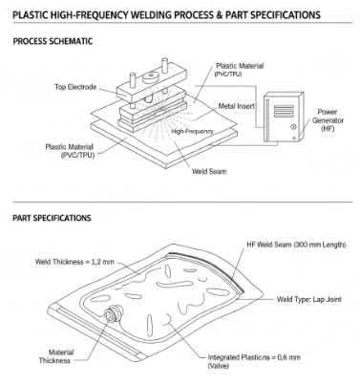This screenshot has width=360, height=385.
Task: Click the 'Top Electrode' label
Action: point(75,87)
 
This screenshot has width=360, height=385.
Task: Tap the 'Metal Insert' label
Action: point(237,106)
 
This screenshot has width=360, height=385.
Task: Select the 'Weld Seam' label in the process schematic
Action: point(209,171)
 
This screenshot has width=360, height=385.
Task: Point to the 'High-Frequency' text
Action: point(192,131)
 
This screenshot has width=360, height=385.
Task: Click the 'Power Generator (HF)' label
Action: point(328,120)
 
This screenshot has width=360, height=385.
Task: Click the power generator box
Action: point(284,117)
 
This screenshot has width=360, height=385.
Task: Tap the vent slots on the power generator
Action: point(284,111)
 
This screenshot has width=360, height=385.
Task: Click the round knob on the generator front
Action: point(293,127)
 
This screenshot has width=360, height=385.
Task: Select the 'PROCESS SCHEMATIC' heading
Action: point(53,41)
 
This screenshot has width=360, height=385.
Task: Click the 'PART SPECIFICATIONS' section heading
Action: point(52,218)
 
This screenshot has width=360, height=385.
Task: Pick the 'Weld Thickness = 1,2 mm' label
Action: point(74,262)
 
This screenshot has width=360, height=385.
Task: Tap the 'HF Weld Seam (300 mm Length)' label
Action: point(296,245)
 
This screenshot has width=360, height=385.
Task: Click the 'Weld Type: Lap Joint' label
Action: point(309,299)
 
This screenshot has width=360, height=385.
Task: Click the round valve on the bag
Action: point(114,313)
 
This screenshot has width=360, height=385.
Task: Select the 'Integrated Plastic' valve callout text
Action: point(254,361)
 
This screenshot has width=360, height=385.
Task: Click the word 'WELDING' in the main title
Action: point(154,15)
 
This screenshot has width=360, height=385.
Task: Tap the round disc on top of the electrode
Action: point(151,76)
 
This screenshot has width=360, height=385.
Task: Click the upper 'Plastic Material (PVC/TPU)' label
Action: point(240,70)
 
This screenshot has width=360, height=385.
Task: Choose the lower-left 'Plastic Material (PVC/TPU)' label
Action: point(70,151)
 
